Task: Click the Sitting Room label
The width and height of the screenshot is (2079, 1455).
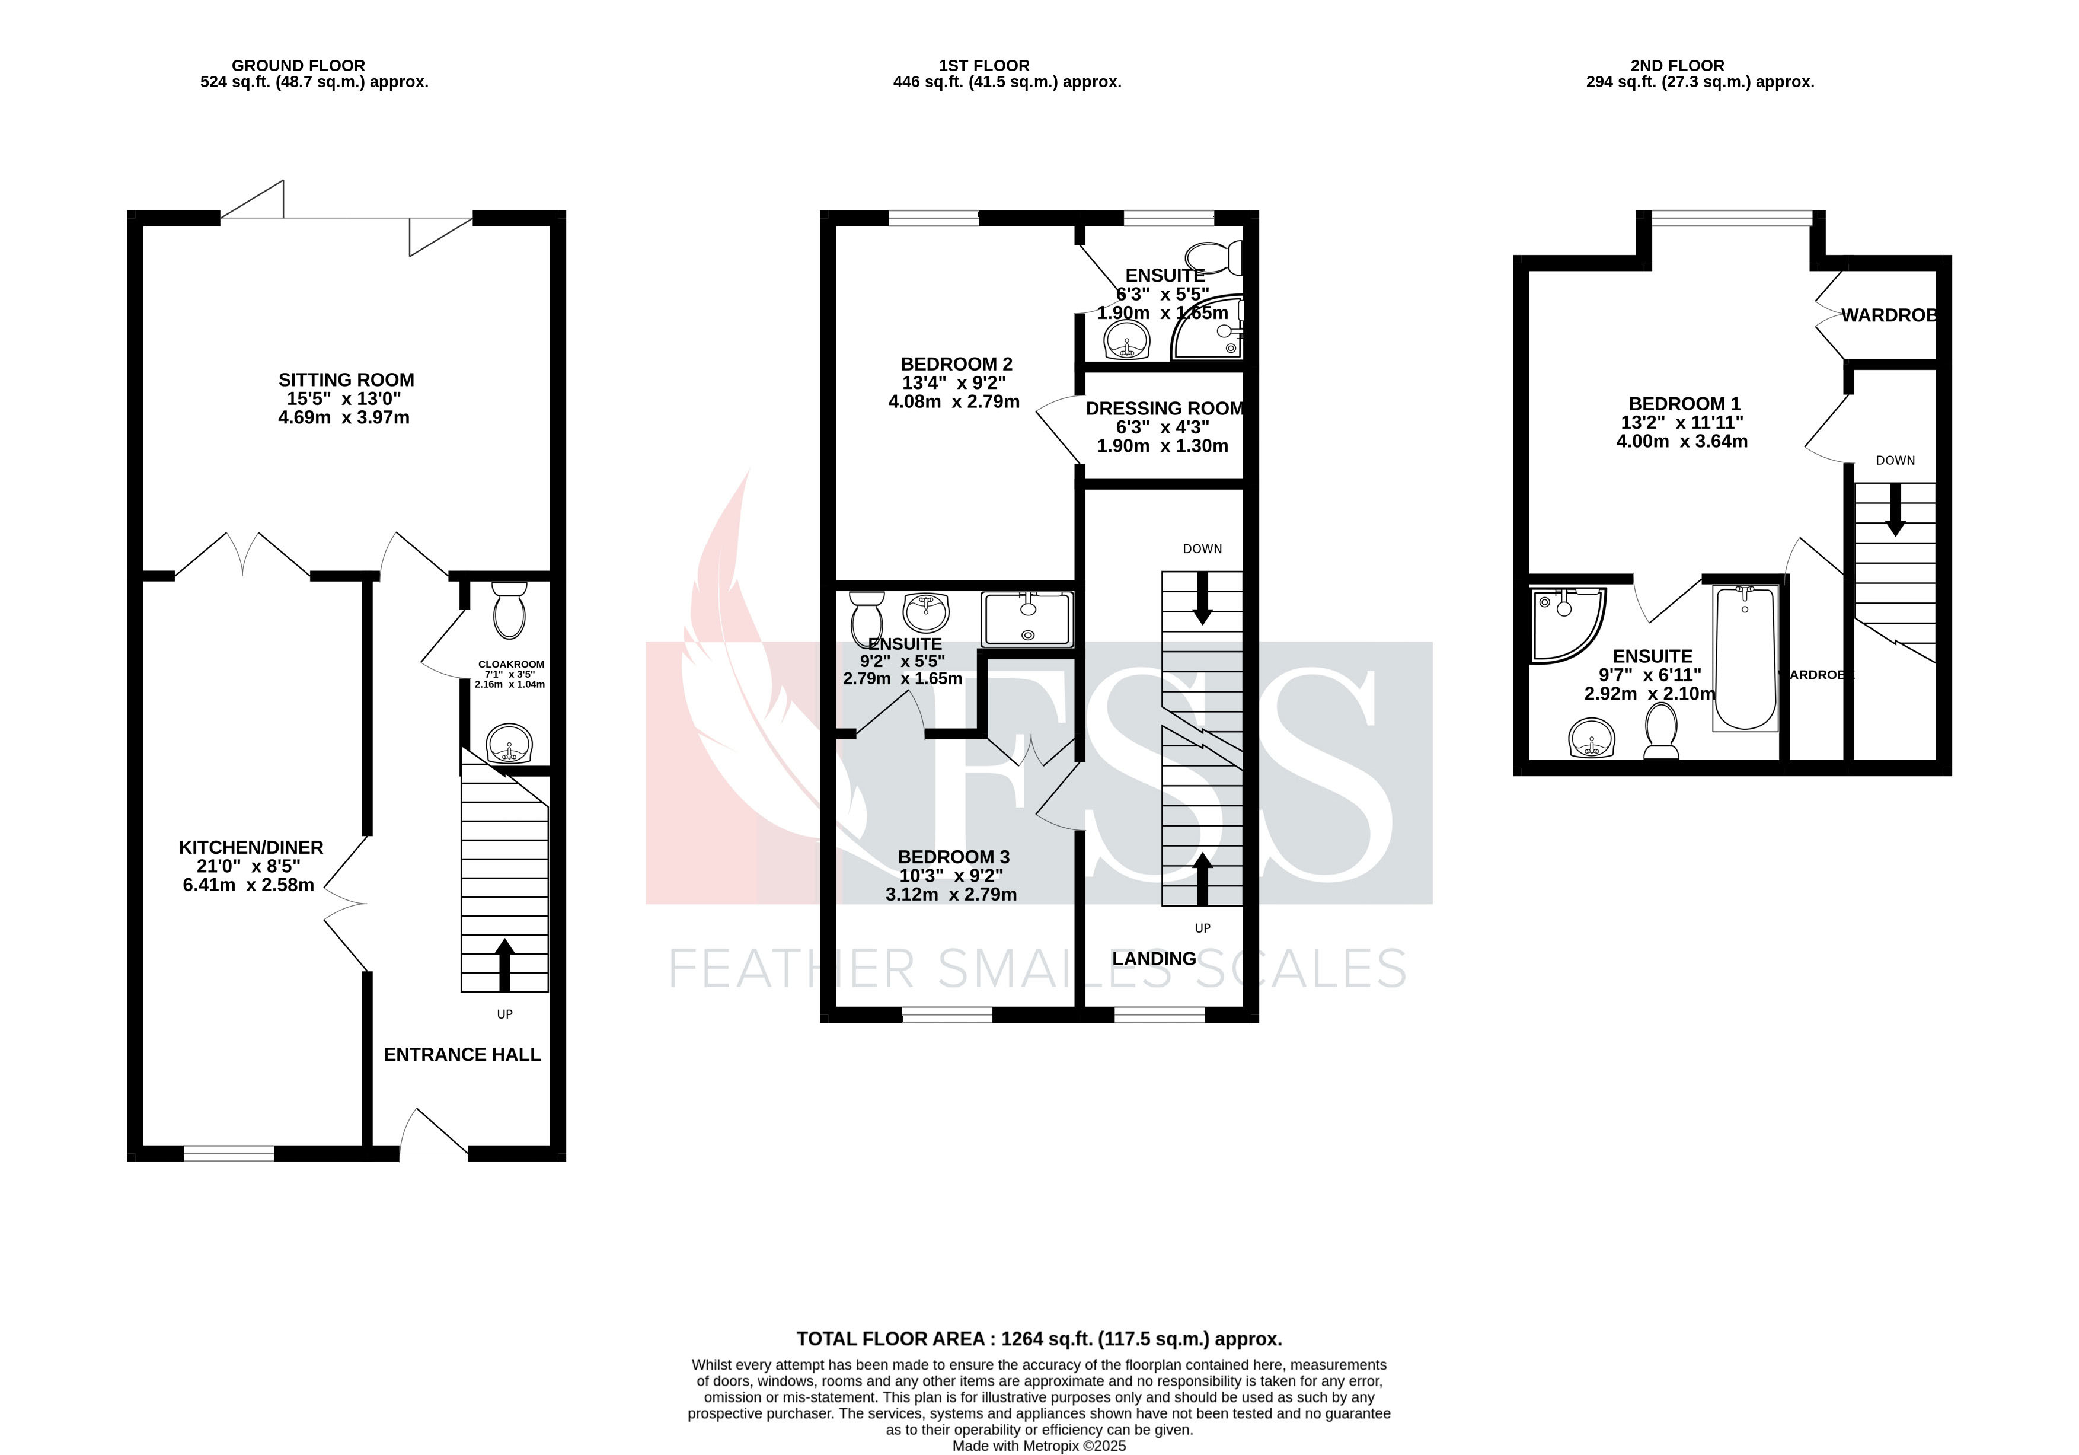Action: click(x=346, y=380)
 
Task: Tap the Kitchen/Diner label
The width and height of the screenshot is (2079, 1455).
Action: click(x=251, y=847)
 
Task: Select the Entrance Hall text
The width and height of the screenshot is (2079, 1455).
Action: click(x=462, y=1055)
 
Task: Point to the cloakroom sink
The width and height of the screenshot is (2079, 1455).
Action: click(x=510, y=744)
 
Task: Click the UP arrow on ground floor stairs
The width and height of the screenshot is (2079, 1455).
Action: click(x=504, y=963)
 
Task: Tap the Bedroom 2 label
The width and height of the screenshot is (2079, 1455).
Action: click(x=956, y=364)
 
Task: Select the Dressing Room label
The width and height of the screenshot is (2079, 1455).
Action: click(x=1164, y=409)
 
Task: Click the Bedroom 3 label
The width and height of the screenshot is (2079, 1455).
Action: click(x=953, y=857)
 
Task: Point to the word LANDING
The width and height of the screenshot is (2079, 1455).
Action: click(x=1154, y=959)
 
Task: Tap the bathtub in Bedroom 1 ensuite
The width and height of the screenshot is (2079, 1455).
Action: click(x=1745, y=658)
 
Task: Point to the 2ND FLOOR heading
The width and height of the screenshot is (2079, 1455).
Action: click(x=1677, y=65)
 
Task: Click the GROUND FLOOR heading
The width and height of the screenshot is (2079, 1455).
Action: click(x=298, y=65)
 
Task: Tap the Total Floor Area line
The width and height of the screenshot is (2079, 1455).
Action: click(x=1039, y=1339)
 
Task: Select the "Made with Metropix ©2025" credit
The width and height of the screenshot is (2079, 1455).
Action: click(x=1039, y=1446)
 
